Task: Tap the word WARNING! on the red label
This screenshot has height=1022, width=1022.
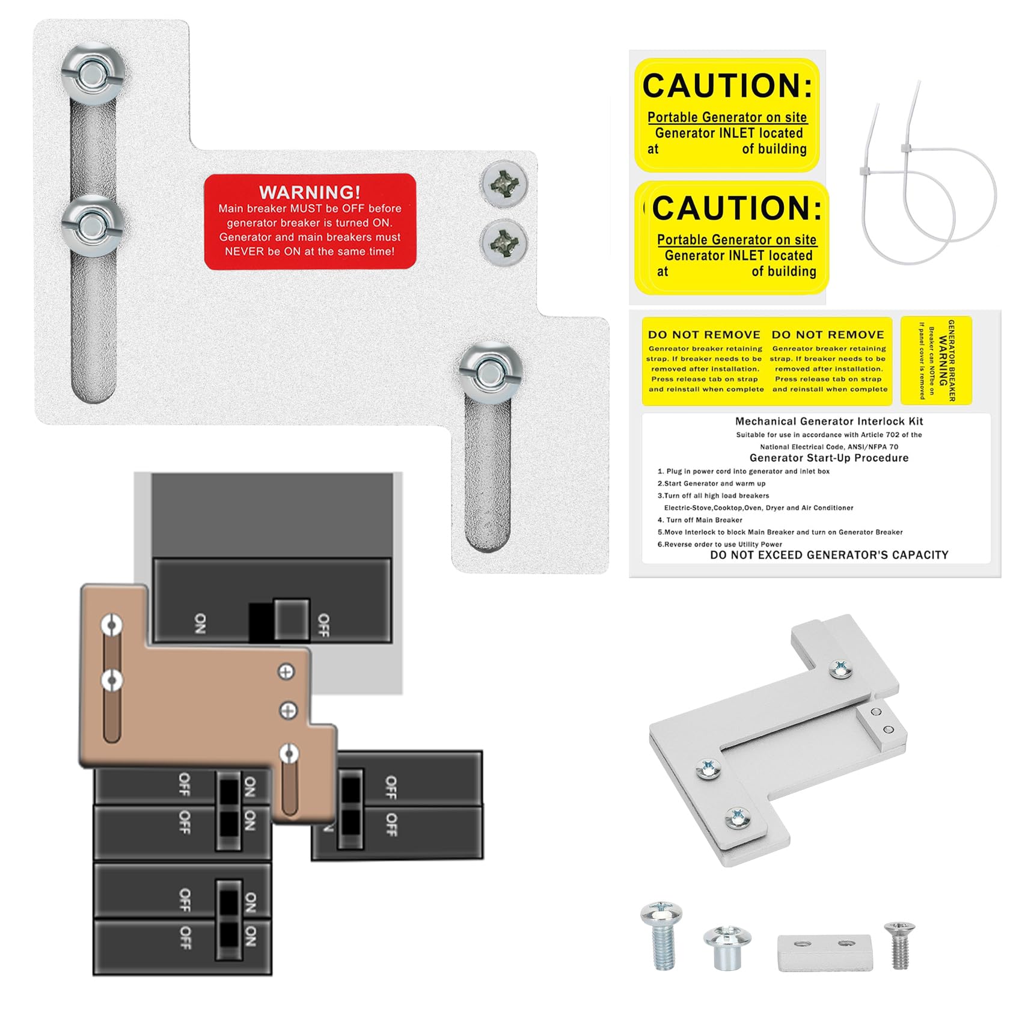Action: click(x=310, y=192)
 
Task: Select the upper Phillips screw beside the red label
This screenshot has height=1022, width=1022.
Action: click(x=504, y=184)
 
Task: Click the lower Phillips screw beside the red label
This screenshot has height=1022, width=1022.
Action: click(x=504, y=242)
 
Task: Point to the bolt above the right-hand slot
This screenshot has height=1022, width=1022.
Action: click(x=490, y=373)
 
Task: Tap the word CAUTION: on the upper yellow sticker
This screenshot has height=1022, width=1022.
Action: click(x=727, y=85)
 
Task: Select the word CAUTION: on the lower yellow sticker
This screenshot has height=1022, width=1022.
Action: click(x=737, y=208)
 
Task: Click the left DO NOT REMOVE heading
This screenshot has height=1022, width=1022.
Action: click(x=704, y=335)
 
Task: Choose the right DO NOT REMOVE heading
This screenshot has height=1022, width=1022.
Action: click(x=828, y=335)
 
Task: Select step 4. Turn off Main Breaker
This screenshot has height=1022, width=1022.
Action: click(x=700, y=520)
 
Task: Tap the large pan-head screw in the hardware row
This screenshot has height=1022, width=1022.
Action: click(x=661, y=935)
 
